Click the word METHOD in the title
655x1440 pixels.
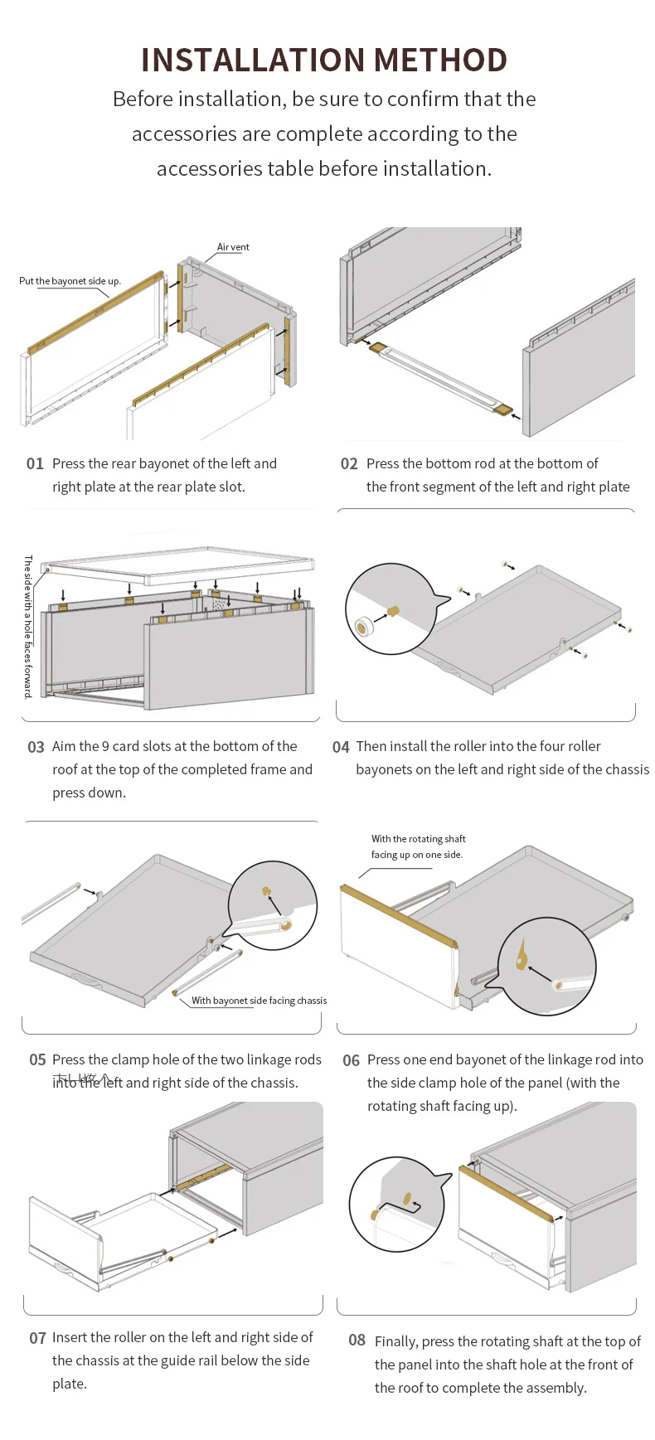(439, 60)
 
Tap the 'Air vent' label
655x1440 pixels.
(233, 247)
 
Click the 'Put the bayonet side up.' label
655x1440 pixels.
(70, 281)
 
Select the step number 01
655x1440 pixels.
(35, 463)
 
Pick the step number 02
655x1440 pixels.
(349, 463)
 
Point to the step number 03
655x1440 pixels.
(36, 747)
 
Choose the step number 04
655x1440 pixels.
(341, 747)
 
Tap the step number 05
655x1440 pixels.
(37, 1060)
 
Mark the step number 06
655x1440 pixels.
(351, 1060)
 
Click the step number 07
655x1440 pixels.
(37, 1338)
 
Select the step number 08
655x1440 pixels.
(357, 1341)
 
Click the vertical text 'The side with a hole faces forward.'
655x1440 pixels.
(28, 626)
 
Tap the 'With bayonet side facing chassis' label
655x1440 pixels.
(259, 1001)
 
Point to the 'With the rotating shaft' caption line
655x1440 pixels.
(418, 839)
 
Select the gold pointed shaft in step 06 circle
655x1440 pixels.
(522, 954)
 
